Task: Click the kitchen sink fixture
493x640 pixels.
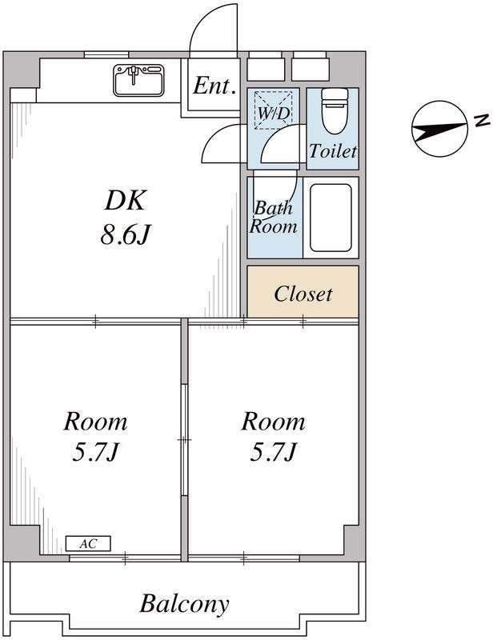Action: click(x=138, y=80)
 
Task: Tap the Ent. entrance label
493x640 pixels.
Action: click(x=214, y=86)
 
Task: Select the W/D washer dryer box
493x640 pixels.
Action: click(x=273, y=110)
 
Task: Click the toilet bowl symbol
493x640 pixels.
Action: click(x=335, y=110)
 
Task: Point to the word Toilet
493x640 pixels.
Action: click(x=332, y=151)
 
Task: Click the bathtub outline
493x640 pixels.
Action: click(x=331, y=218)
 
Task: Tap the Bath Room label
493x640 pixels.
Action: click(x=273, y=218)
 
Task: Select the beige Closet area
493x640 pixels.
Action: click(x=303, y=291)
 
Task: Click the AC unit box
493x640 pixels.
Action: click(x=88, y=544)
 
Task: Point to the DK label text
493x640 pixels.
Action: click(x=125, y=200)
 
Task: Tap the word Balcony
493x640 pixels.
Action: click(x=184, y=604)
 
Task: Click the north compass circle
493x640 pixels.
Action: click(x=439, y=129)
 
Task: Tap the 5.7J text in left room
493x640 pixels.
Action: click(x=95, y=452)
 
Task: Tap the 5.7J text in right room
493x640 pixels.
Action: click(x=273, y=452)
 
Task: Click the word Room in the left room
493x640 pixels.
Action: click(x=95, y=422)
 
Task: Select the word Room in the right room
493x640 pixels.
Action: click(x=273, y=422)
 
